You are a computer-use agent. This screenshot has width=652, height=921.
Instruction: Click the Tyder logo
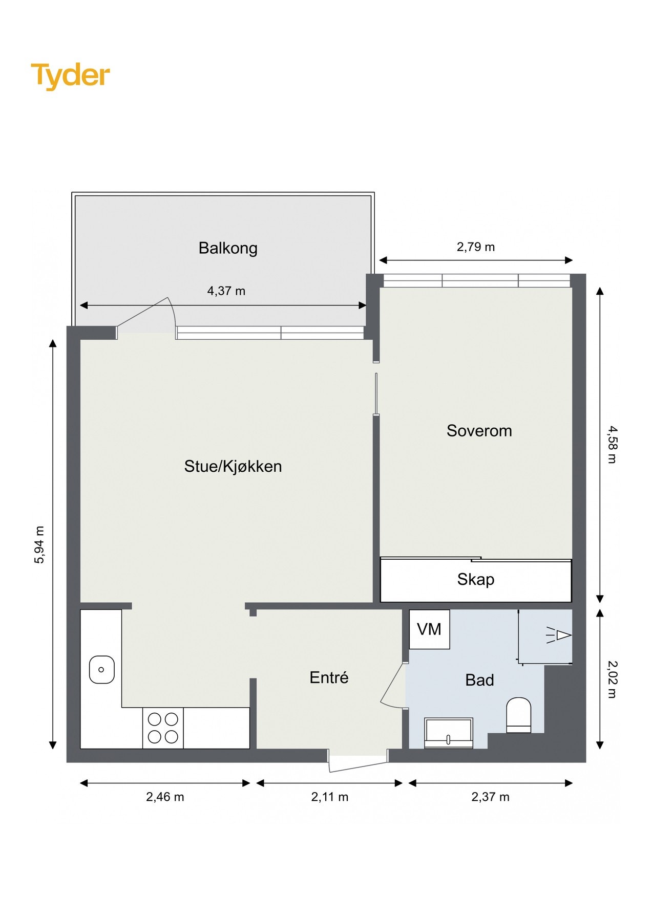[x=70, y=75]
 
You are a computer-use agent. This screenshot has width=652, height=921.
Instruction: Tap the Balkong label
[x=228, y=248]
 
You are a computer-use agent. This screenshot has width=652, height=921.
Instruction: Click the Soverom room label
[x=479, y=431]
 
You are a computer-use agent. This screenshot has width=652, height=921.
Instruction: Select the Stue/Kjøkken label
[x=233, y=466]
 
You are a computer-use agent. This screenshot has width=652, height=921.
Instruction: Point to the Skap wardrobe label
[x=476, y=579]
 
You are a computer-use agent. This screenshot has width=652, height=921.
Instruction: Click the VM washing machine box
[x=429, y=629]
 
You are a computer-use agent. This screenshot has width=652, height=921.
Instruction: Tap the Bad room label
[x=479, y=680]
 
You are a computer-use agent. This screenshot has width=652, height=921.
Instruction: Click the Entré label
[x=329, y=677]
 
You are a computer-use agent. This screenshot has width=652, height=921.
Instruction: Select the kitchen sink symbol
[x=102, y=669]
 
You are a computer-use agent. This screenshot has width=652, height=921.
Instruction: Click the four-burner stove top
[x=163, y=728]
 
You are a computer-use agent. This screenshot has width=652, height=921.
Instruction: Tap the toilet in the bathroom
[x=518, y=715]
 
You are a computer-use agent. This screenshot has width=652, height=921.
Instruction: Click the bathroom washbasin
[x=449, y=733]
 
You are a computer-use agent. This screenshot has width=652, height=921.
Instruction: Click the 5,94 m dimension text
[x=39, y=544]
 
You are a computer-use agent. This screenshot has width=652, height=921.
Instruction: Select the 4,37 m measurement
[x=226, y=291]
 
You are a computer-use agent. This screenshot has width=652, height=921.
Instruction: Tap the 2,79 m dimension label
[x=476, y=247]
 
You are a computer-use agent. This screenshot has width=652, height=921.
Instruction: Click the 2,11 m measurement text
[x=329, y=797]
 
